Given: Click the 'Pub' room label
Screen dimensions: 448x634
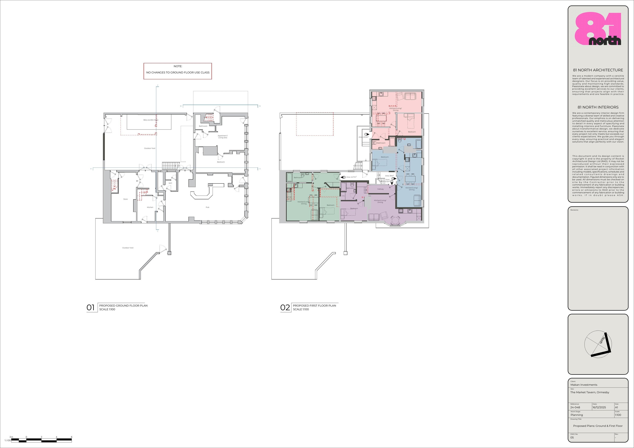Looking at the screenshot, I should click(x=207, y=207).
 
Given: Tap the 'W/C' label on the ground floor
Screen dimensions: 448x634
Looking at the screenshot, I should click(x=170, y=183).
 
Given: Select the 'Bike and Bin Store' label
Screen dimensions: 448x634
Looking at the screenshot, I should click(x=151, y=120).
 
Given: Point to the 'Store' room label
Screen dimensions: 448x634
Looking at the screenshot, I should click(x=125, y=199).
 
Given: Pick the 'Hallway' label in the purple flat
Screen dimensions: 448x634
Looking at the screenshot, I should click(x=381, y=189).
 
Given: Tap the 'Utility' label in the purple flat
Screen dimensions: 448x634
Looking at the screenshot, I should click(x=343, y=196).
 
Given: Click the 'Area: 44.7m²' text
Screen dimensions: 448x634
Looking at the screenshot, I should click(x=351, y=177).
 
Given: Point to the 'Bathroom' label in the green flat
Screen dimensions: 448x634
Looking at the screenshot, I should click(x=298, y=178).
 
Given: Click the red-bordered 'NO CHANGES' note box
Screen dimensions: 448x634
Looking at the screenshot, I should click(x=178, y=71).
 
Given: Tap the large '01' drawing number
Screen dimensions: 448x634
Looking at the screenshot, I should click(x=91, y=307).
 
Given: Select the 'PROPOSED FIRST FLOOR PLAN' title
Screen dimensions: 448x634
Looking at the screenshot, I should click(x=314, y=306).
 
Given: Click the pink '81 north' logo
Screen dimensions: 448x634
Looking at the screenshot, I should click(x=598, y=29).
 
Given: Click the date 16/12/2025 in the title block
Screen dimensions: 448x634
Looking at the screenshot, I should click(x=599, y=407).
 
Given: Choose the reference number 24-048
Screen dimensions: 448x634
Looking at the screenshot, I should click(x=575, y=407).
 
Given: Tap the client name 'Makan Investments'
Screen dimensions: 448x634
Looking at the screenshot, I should click(x=584, y=385).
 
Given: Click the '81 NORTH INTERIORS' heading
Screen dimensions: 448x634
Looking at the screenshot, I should click(x=598, y=107).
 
